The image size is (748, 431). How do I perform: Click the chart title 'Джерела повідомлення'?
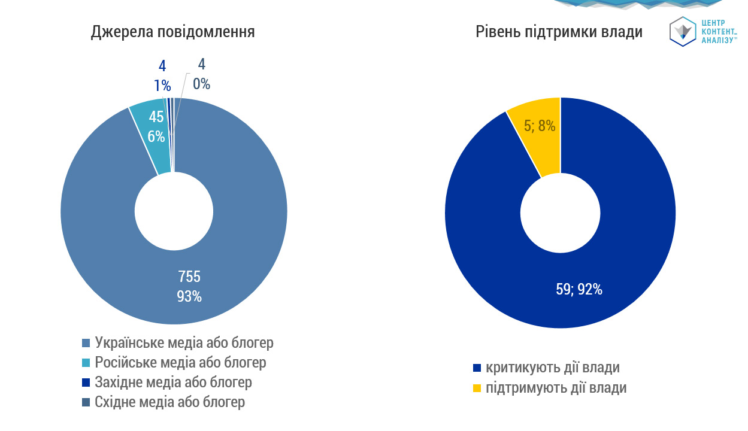(172, 32)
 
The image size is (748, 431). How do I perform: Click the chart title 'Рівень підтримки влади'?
(559, 32)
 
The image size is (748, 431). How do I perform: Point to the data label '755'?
(189, 277)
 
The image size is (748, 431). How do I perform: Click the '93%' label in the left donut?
(189, 296)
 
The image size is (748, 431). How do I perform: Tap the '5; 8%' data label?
(540, 126)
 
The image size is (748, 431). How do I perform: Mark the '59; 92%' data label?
(579, 290)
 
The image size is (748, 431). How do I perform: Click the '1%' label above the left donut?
(162, 86)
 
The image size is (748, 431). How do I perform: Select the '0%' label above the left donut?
(201, 84)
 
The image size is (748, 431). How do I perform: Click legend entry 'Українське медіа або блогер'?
(184, 343)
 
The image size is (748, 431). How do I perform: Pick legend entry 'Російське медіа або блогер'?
(180, 362)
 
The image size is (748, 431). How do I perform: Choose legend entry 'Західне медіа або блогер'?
(173, 382)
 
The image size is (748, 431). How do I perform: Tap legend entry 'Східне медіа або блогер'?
(169, 402)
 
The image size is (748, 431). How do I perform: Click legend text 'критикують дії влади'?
(553, 368)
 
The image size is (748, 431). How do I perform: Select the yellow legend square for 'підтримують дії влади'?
(477, 388)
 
